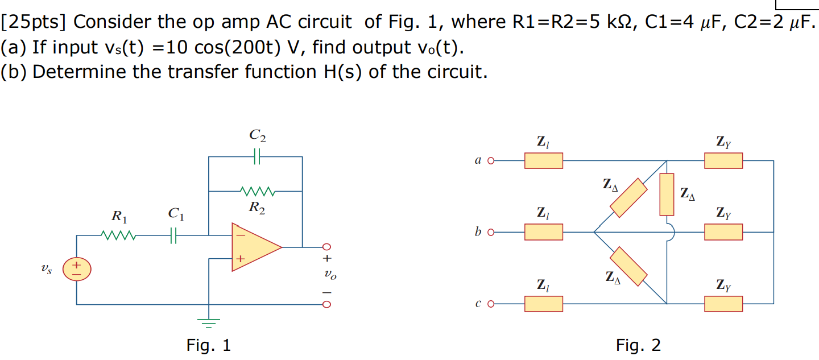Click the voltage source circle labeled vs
(x=76, y=269)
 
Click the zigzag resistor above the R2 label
(x=257, y=191)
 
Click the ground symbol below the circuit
(x=209, y=324)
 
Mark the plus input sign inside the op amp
(x=240, y=259)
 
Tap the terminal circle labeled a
(x=490, y=161)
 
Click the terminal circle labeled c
(x=490, y=304)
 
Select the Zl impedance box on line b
(x=543, y=232)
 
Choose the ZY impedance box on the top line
(x=723, y=161)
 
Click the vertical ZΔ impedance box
(x=667, y=195)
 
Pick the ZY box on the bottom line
(x=723, y=304)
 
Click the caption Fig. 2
(x=638, y=345)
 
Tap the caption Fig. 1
(x=209, y=345)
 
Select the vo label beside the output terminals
(x=329, y=275)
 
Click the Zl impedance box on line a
(x=543, y=161)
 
